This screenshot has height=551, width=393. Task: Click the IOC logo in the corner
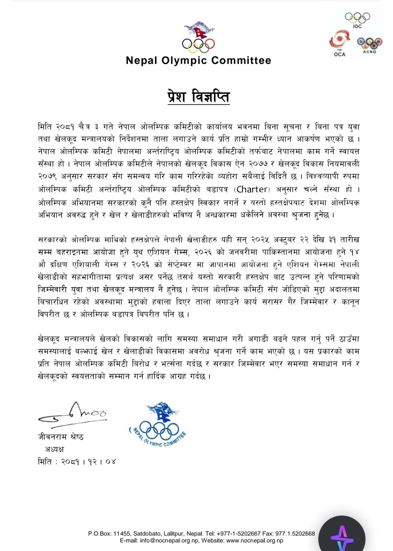click(357, 20)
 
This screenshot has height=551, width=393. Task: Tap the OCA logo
click(339, 43)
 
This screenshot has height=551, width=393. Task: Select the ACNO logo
click(369, 45)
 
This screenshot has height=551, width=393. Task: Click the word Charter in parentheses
click(252, 189)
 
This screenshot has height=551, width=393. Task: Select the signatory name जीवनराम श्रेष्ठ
click(61, 437)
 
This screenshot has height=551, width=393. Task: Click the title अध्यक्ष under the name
click(54, 449)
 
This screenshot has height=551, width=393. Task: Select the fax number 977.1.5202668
click(295, 533)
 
